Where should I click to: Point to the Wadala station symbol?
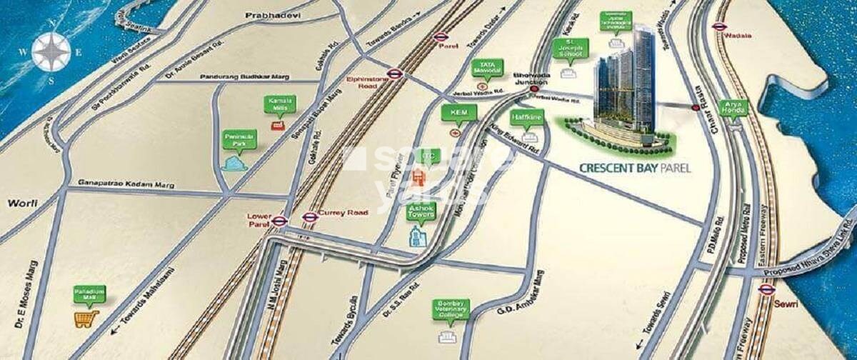point(718,27)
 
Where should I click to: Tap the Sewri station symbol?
point(766,289)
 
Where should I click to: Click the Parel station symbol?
point(439,37)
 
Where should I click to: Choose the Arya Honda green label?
point(736,109)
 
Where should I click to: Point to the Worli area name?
point(21,204)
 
